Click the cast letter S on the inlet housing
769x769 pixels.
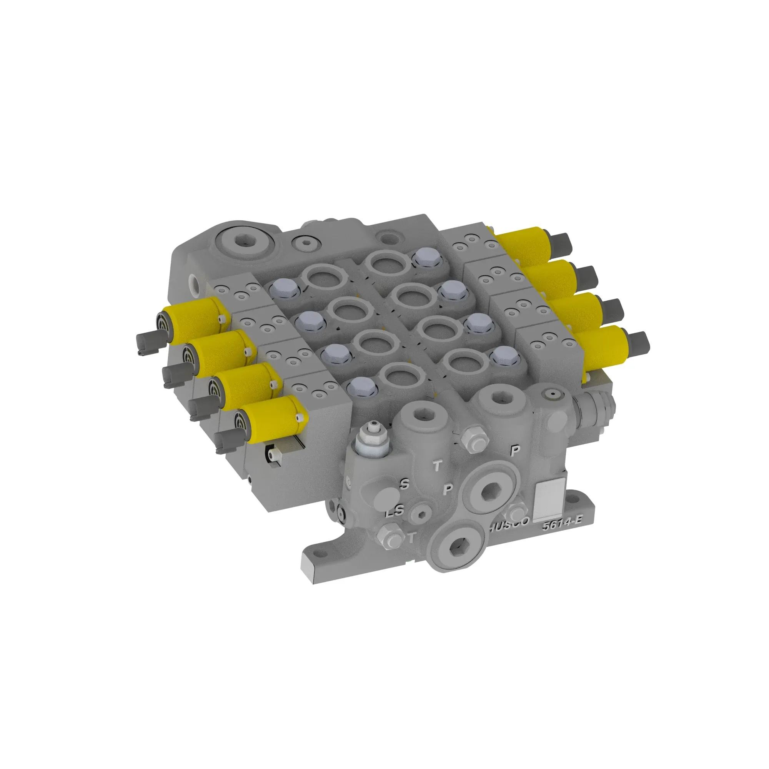(404, 484)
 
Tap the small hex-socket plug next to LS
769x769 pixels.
(423, 515)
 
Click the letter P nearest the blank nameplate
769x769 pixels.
(515, 451)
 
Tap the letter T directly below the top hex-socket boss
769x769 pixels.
(438, 465)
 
